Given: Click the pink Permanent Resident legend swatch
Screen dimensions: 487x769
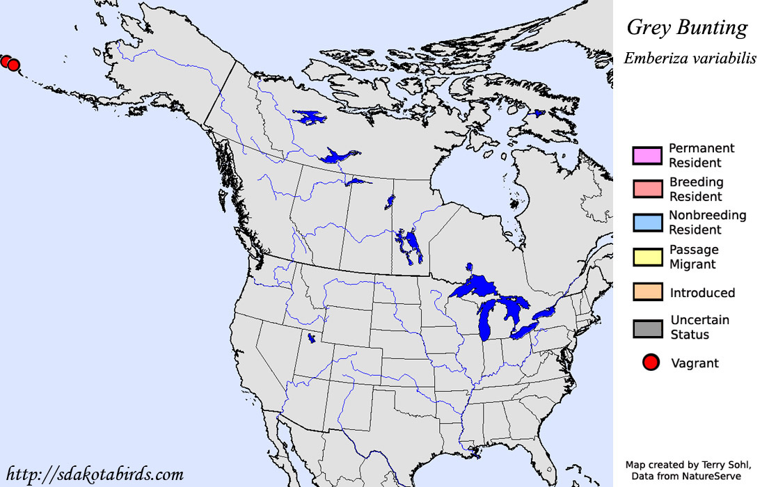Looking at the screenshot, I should point(647,155).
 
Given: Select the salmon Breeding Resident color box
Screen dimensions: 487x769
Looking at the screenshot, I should point(647,189).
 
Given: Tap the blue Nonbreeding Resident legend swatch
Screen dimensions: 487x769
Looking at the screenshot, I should point(647,223).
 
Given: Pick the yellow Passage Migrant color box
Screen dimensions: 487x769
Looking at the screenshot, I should point(647,257).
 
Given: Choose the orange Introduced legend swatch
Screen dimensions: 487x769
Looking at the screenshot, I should point(647,292).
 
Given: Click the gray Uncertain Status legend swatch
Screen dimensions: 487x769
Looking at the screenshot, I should point(647,328).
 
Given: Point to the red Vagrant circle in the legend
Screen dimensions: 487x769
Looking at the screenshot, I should point(651,362).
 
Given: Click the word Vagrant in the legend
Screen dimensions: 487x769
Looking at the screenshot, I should point(695,363).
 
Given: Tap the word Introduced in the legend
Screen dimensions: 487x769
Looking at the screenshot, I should point(702,293).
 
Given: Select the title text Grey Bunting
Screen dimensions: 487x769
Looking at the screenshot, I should point(687,28).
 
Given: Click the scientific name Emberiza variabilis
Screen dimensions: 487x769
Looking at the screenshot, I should point(690,58).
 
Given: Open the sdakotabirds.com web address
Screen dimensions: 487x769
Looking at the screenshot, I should point(94,474).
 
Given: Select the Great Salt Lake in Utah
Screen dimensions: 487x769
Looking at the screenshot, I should point(310,339).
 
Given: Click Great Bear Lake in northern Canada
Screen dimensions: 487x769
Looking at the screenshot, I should point(310,118).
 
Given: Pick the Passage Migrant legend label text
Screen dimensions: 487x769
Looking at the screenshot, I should point(694,257).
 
